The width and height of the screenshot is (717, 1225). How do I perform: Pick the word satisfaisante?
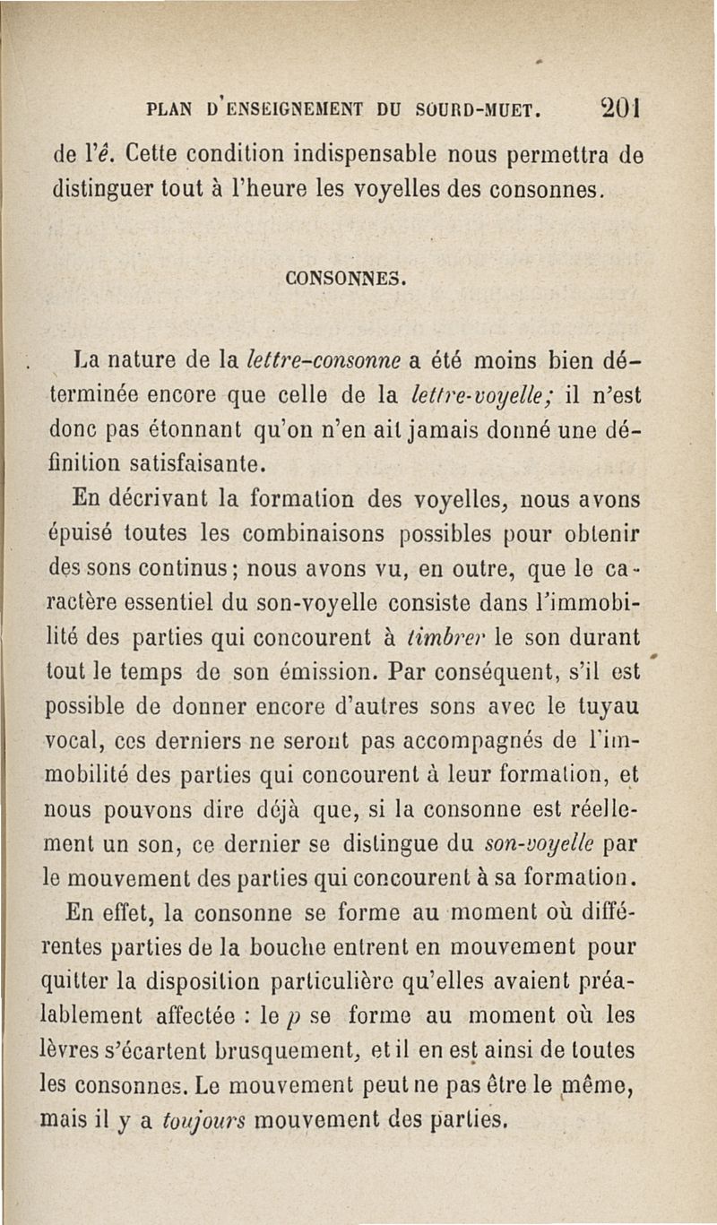[x=194, y=464]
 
